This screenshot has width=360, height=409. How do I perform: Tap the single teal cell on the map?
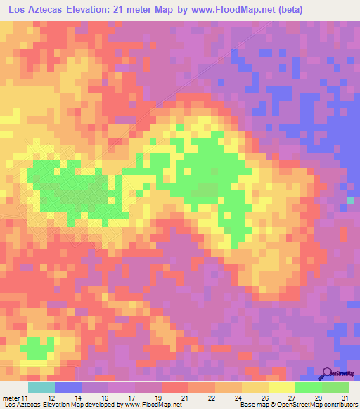(x=351, y=202)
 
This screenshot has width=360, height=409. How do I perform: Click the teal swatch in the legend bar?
(x=41, y=387)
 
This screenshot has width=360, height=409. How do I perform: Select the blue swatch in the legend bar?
(x=68, y=387)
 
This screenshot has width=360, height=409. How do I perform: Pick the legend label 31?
(x=344, y=398)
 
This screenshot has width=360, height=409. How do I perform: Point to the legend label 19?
(x=157, y=398)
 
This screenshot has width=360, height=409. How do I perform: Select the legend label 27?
(x=291, y=398)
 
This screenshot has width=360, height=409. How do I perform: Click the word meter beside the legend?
(x=10, y=398)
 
